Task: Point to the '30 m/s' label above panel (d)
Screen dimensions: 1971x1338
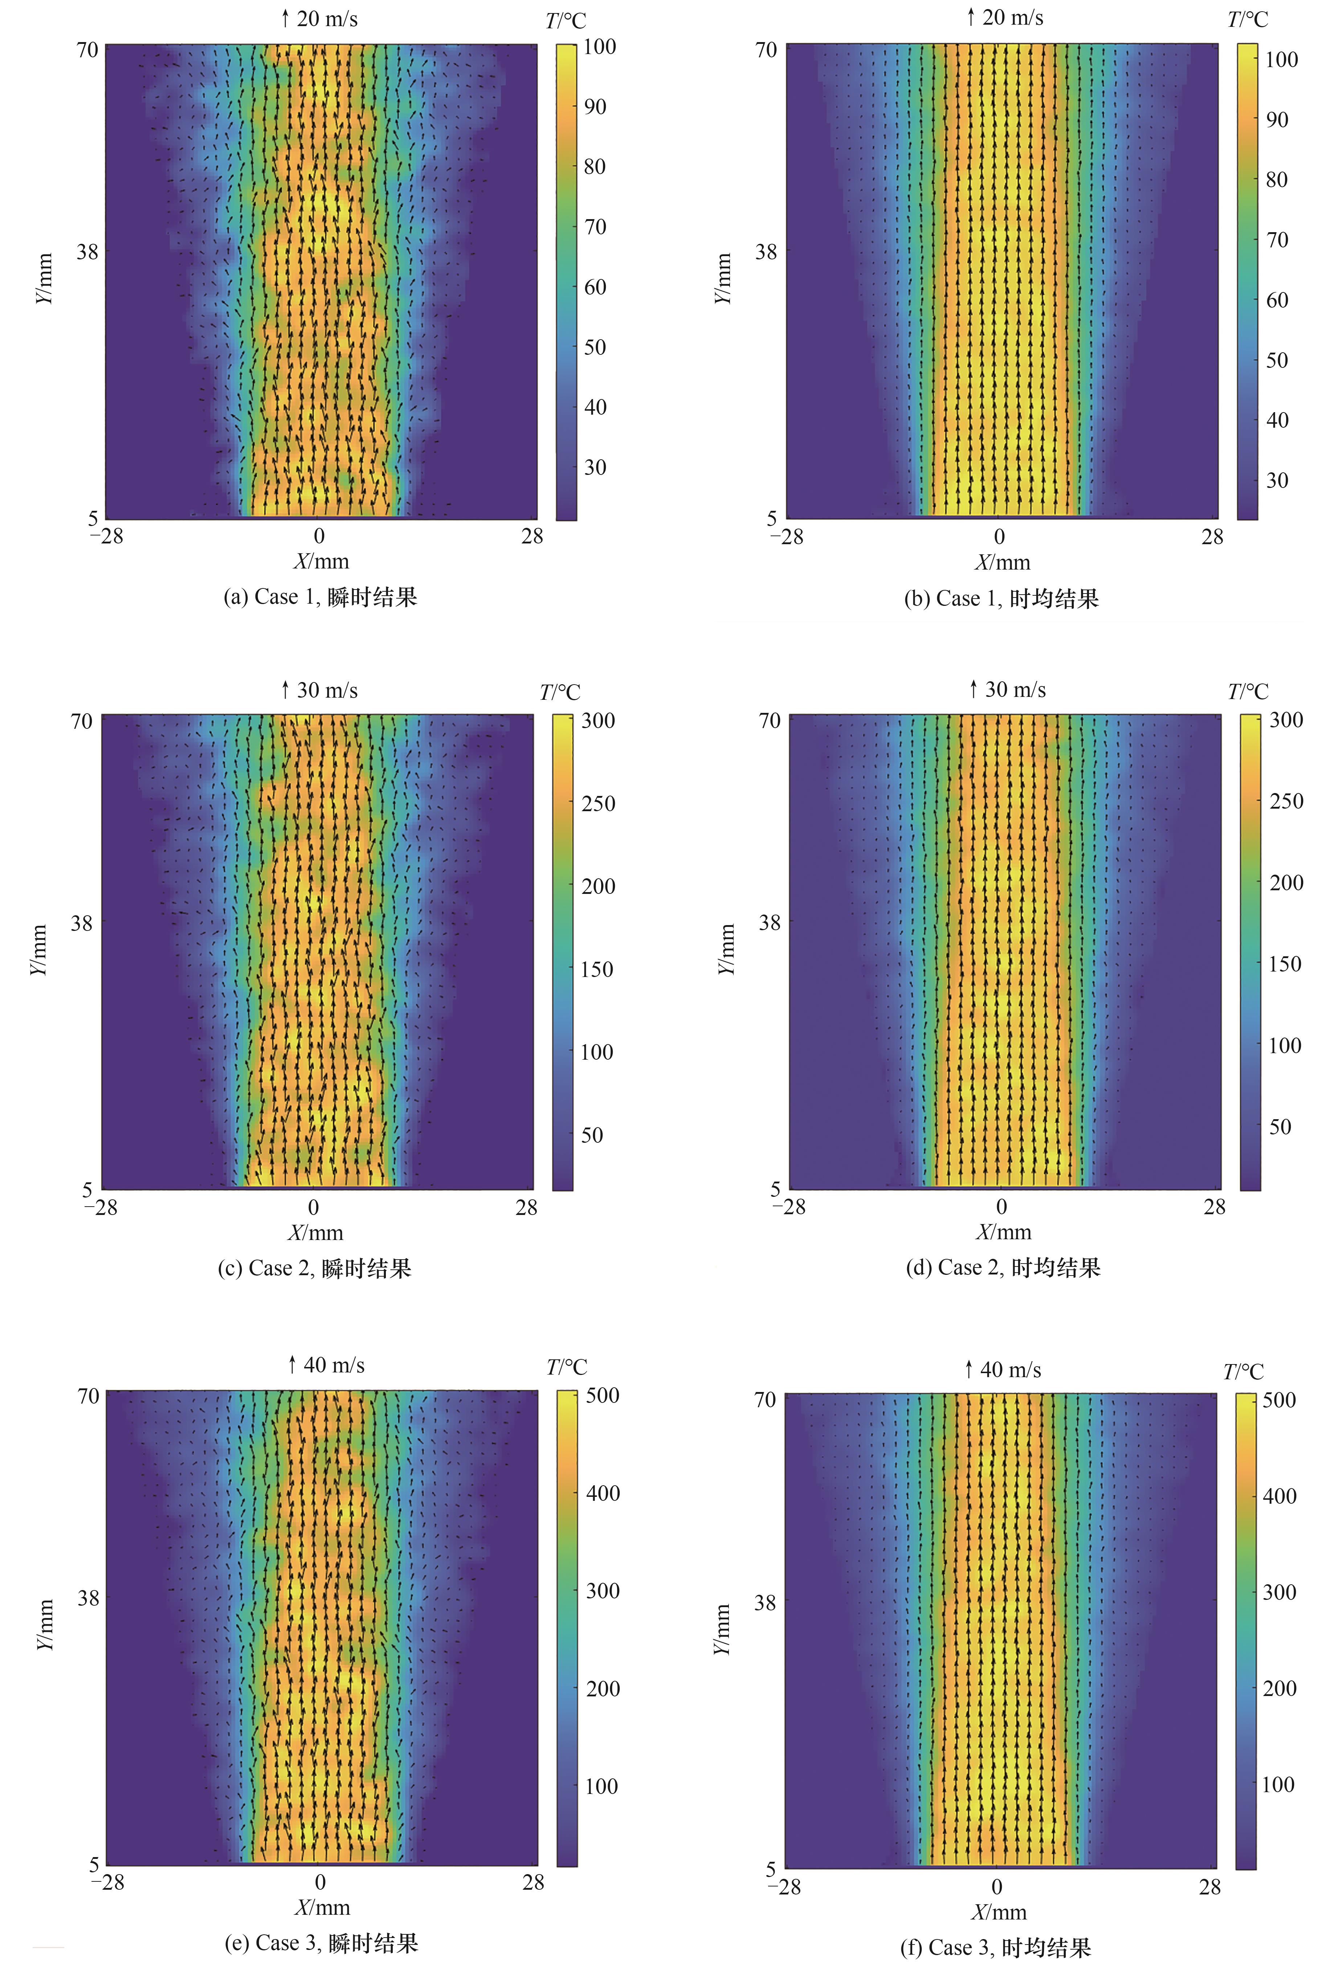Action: click(x=1015, y=690)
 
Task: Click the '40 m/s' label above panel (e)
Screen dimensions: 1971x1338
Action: click(x=334, y=1364)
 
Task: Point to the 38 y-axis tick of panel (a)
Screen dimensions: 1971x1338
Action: click(x=87, y=252)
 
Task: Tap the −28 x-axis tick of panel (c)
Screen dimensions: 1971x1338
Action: click(x=101, y=1207)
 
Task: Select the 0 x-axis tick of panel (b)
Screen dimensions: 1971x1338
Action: click(x=999, y=537)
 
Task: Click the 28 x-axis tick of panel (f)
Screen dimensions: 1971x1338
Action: click(x=1210, y=1887)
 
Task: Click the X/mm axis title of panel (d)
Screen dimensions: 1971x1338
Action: click(x=1003, y=1232)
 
